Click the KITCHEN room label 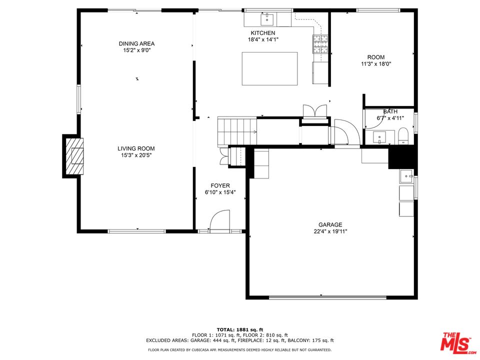click(262, 33)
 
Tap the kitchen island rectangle click(269, 68)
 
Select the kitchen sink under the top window click(267, 20)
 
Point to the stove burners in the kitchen click(320, 44)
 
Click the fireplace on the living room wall click(74, 156)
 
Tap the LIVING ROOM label click(136, 148)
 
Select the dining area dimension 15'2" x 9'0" click(136, 50)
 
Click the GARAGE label click(330, 224)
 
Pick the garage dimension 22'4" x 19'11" click(330, 231)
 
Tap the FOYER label click(220, 185)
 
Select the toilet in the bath click(403, 135)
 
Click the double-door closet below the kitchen click(314, 111)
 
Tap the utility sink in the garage click(406, 176)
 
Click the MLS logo click(456, 341)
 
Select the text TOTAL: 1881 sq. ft click(240, 329)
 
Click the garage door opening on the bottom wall click(327, 297)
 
